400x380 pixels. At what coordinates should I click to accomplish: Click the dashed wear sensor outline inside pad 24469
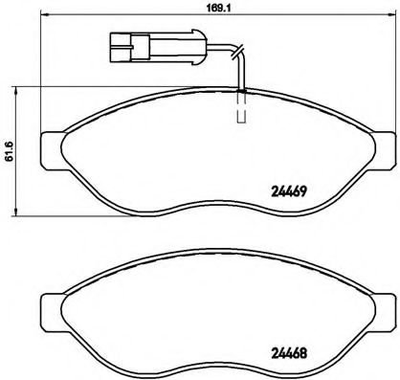(x=242, y=108)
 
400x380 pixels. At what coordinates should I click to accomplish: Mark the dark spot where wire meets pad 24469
(x=242, y=90)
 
